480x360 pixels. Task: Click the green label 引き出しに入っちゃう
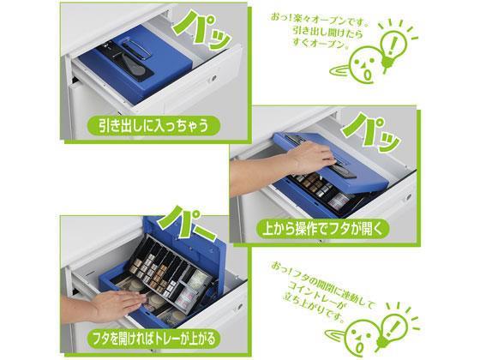153,125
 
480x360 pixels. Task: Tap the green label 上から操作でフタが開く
322,229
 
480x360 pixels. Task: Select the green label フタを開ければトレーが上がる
154,339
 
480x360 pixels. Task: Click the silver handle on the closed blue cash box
137,49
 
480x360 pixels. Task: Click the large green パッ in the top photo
201,29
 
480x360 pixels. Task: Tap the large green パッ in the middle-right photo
371,132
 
